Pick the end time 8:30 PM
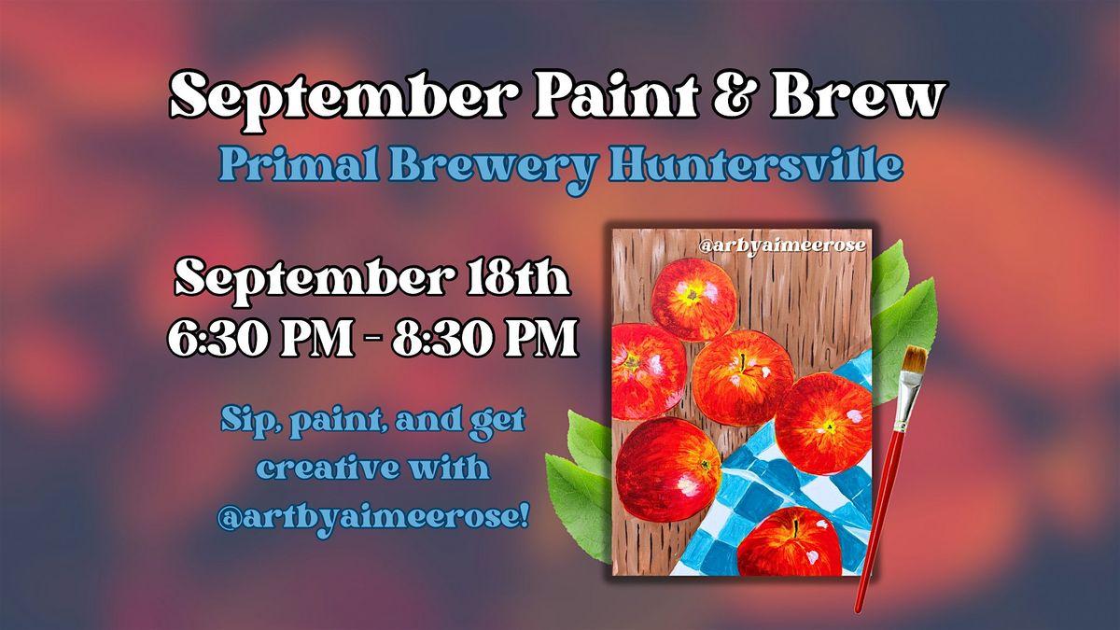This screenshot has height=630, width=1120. (x=485, y=338)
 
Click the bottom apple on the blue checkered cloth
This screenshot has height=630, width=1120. (x=789, y=541)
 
